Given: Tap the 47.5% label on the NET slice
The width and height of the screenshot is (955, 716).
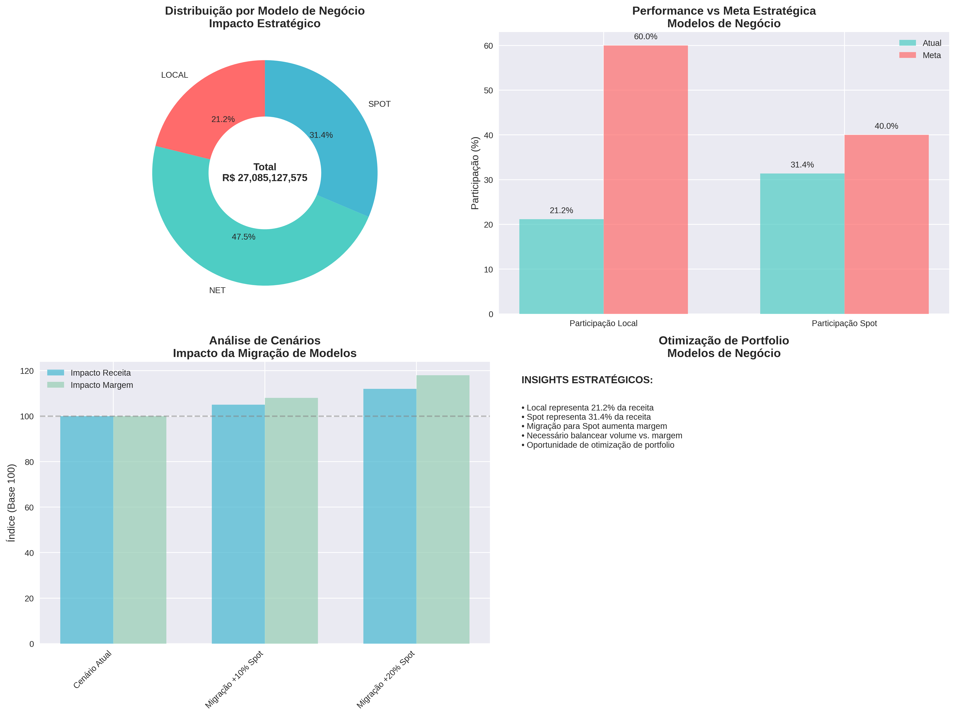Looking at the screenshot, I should coord(243,237).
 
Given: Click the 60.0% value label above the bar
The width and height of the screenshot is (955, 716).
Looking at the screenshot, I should coord(645,37).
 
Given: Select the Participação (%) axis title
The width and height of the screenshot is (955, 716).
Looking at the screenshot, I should coord(475,173).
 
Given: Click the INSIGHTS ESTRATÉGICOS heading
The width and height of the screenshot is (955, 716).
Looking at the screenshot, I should coord(587,380).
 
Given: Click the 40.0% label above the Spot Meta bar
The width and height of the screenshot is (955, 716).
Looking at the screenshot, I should coord(886,126).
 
